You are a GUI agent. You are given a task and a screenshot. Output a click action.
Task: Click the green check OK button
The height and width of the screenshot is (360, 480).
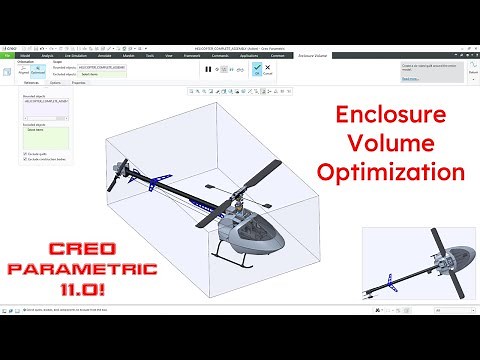click(257, 69)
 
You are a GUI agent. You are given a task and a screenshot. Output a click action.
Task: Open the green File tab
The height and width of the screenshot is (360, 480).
click(8, 55)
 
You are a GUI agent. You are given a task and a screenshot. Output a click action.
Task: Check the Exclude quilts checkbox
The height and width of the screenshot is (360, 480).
click(24, 152)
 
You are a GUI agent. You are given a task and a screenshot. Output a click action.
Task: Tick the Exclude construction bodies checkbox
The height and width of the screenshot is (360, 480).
click(24, 158)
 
